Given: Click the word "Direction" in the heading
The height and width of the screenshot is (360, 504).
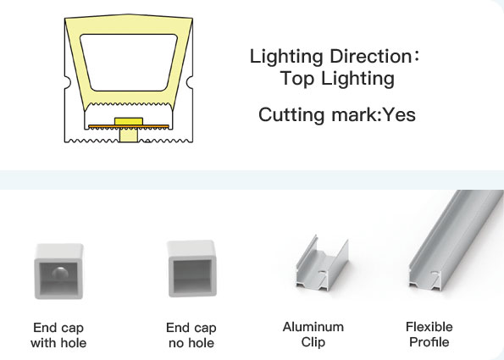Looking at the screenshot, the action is coord(370,56).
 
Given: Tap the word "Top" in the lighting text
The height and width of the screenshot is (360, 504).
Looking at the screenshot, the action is coord(297,79).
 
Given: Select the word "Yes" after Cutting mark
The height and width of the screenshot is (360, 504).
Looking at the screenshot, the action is coord(400,114).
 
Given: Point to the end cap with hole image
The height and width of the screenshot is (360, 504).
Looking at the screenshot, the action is coord(58,271).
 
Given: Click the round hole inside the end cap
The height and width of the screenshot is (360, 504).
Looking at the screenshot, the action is coord(60,274).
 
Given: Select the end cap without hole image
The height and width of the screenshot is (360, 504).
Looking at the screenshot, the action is coord(192,269).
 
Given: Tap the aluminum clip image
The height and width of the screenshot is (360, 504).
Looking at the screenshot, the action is coord(322,263).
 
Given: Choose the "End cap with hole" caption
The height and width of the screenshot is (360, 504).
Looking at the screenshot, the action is coord(58,335).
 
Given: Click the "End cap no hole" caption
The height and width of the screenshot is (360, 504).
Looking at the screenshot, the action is coord(191,335).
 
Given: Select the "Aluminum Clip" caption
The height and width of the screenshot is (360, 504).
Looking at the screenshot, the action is coord(313,335).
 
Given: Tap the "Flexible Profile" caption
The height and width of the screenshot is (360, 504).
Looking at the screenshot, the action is coord(429,335).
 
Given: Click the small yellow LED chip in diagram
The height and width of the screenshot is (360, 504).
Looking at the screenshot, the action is coord(129,121).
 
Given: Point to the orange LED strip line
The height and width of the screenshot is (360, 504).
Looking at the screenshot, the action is coord(129,126).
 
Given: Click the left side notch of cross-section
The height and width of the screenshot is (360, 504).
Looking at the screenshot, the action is coord(68,81).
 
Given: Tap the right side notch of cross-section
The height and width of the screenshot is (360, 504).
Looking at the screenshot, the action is coord(190,81).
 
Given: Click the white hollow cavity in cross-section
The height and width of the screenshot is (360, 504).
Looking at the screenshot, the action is coord(129,63).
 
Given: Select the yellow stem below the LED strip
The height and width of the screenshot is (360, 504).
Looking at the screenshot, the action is coord(129,135).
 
